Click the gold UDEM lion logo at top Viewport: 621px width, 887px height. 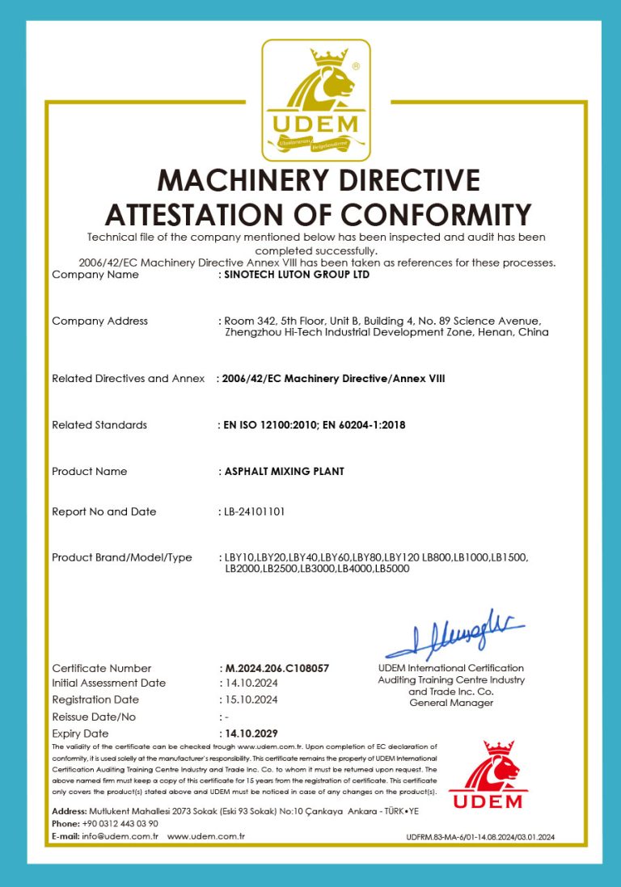point(315,100)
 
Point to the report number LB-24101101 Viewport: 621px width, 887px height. point(255,511)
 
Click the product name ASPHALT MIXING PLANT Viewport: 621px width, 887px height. point(284,471)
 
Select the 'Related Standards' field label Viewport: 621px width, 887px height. point(99,425)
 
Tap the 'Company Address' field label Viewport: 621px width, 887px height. point(99,321)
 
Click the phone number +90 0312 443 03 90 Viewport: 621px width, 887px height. point(120,823)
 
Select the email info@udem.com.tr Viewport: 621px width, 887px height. point(120,836)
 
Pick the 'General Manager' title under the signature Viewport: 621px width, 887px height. point(451,703)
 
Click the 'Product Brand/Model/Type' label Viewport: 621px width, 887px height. point(121,557)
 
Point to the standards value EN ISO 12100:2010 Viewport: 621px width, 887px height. point(268,425)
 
